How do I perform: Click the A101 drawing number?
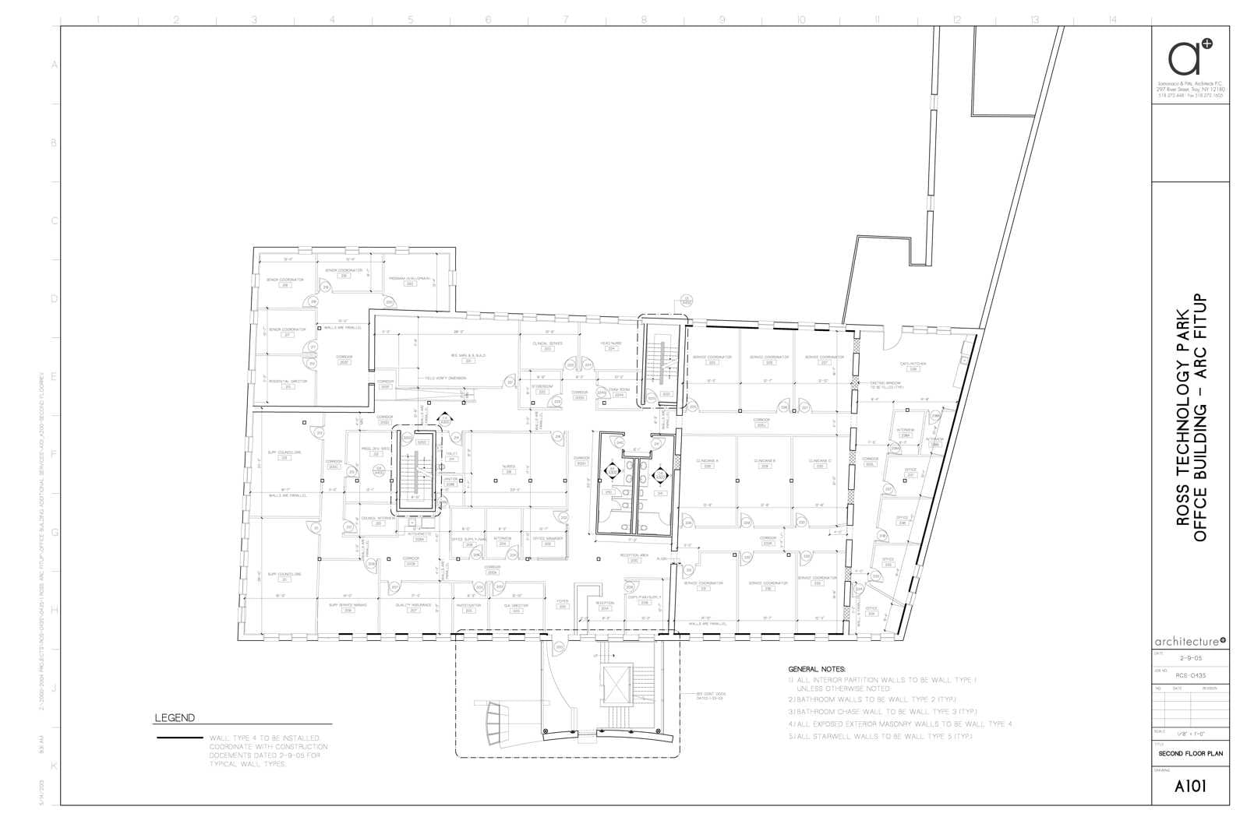(1189, 786)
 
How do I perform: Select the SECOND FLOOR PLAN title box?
(1190, 754)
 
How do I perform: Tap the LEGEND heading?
(175, 718)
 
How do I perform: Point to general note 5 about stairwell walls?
(881, 736)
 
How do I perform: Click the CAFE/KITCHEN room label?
(911, 364)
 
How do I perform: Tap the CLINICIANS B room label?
(765, 461)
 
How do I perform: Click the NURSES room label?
(508, 467)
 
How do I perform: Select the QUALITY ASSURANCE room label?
(414, 605)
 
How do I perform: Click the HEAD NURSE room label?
(611, 343)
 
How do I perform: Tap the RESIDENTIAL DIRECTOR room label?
(288, 382)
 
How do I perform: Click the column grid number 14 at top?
(1112, 19)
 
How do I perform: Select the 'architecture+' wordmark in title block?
(1189, 642)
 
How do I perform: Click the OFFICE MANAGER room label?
(548, 538)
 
